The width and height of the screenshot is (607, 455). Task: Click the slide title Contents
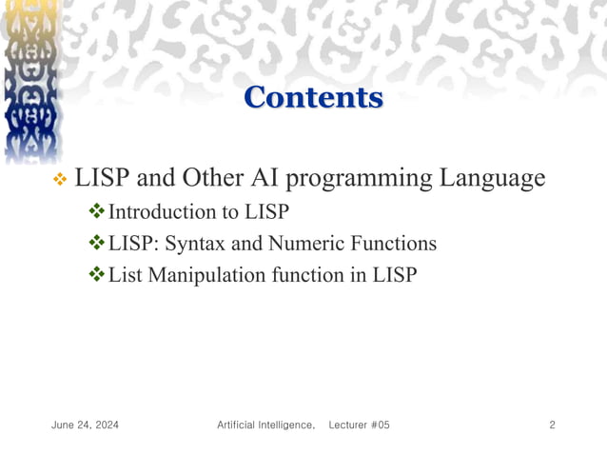[313, 97]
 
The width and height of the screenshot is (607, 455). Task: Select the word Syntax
[196, 244]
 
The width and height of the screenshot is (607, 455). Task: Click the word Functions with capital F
[391, 244]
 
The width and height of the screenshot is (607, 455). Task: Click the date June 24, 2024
[85, 425]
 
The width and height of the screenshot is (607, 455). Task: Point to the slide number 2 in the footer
[552, 425]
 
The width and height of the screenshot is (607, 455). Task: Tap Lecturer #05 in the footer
[359, 425]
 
